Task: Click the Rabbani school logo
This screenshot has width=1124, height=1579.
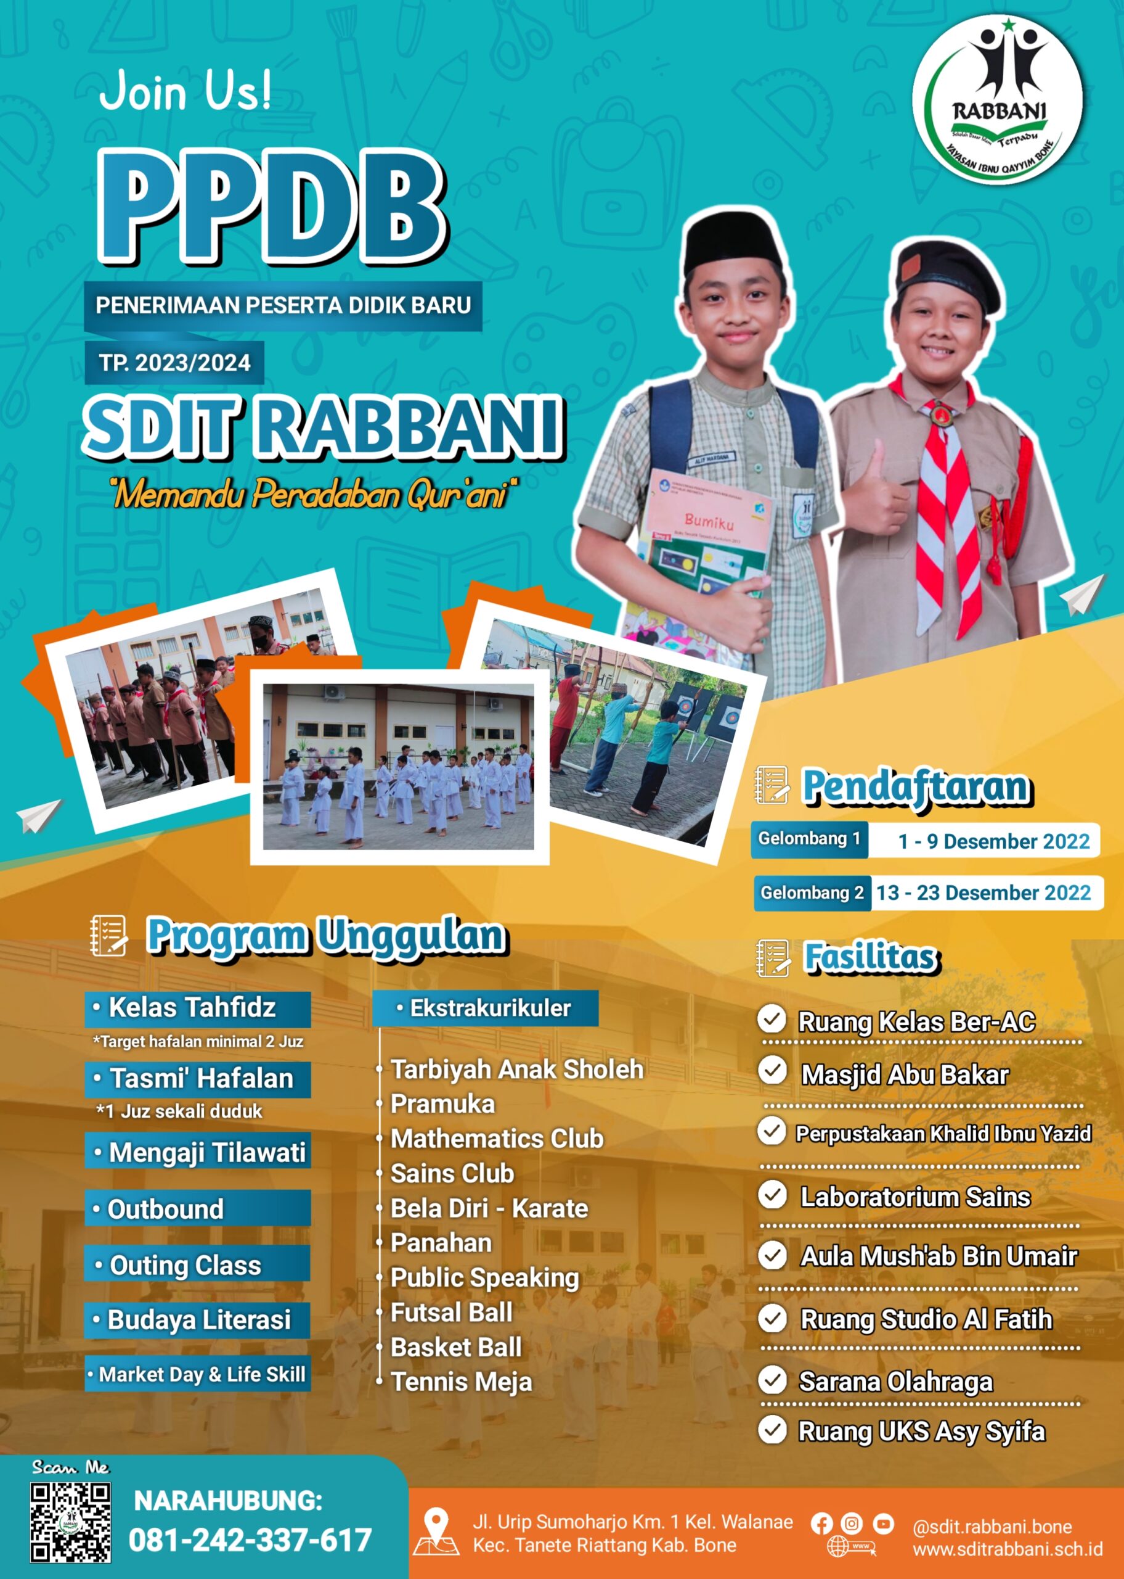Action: (x=997, y=101)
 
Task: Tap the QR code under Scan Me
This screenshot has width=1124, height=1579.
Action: (x=70, y=1522)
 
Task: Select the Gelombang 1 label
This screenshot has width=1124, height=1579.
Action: (x=809, y=839)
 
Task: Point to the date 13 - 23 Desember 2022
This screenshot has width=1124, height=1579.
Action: (x=983, y=893)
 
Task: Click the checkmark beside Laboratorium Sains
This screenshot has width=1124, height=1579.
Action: (x=772, y=1195)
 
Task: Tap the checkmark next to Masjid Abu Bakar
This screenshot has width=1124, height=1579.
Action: (x=772, y=1070)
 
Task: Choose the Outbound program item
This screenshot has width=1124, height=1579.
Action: (x=198, y=1208)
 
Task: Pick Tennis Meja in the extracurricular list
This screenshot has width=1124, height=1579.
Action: (x=461, y=1382)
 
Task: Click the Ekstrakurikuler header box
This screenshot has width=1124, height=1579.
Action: (x=485, y=1008)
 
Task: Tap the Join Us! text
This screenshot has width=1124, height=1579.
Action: (x=185, y=91)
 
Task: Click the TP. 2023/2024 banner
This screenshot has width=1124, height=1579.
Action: (x=174, y=362)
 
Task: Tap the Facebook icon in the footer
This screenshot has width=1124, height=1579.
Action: (x=821, y=1523)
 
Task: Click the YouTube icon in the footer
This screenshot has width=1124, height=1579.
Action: (x=882, y=1523)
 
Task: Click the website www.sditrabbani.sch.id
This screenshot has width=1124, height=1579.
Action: (x=1008, y=1549)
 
